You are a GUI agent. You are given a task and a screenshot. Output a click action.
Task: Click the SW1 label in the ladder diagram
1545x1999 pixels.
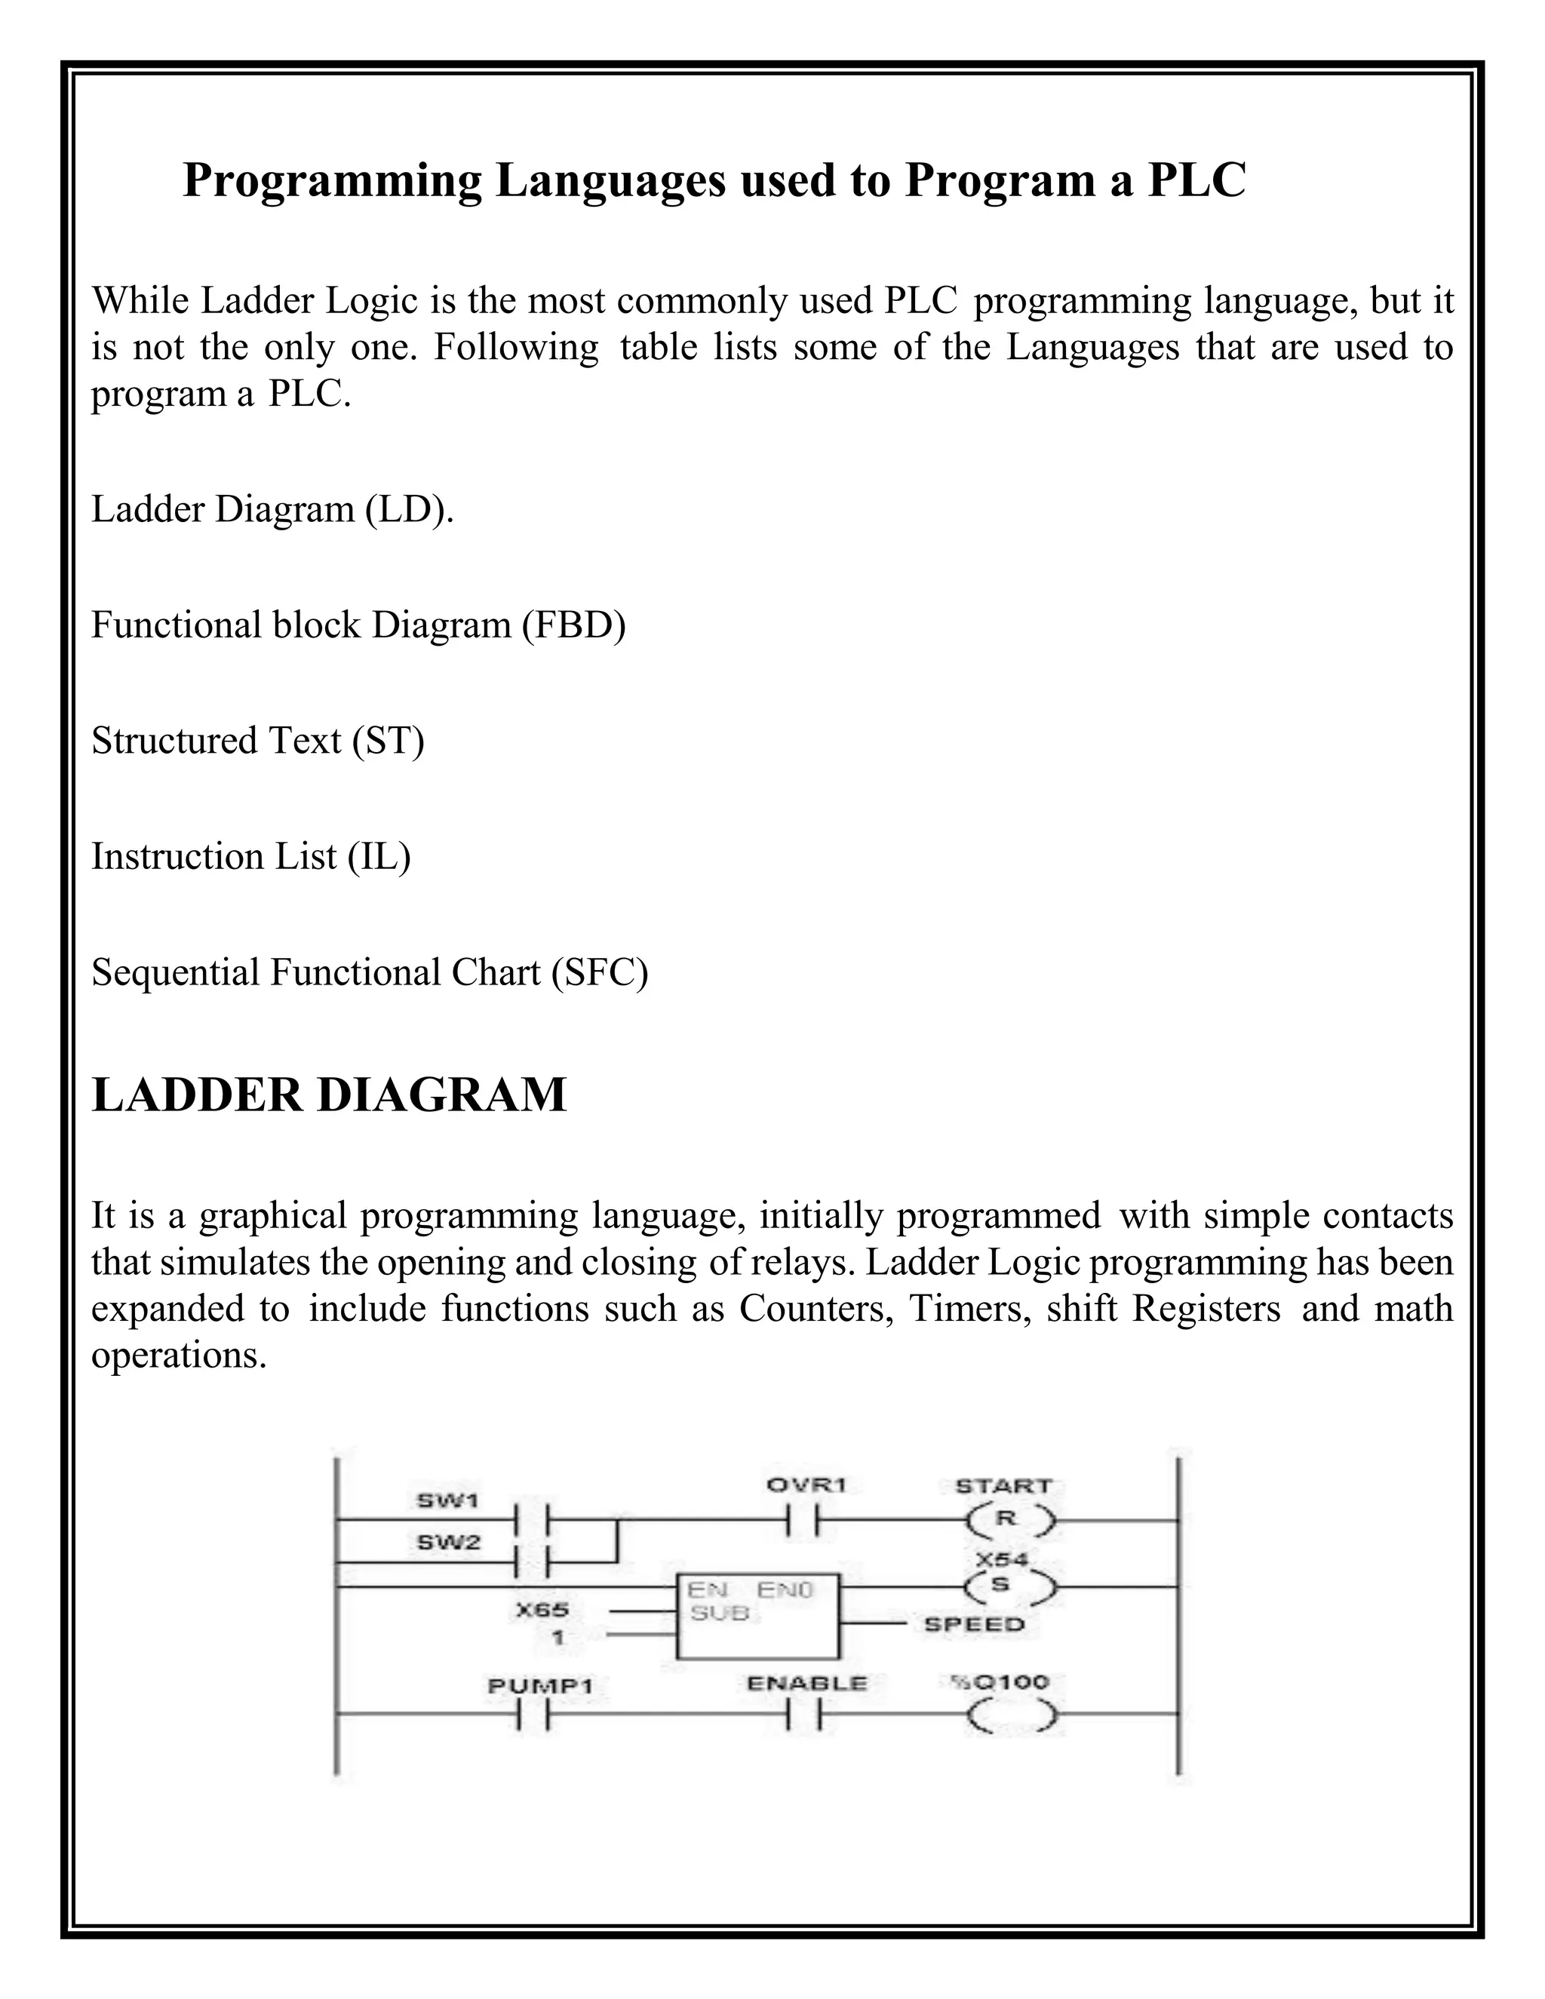pyautogui.click(x=447, y=1500)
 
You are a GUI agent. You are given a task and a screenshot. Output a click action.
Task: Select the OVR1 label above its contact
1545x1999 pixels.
pyautogui.click(x=806, y=1485)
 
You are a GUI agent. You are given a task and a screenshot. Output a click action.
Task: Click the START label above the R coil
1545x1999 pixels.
pyautogui.click(x=1004, y=1485)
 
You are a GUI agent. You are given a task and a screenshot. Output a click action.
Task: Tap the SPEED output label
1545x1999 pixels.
pyautogui.click(x=974, y=1625)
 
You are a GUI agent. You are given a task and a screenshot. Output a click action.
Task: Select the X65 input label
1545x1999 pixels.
pyautogui.click(x=542, y=1610)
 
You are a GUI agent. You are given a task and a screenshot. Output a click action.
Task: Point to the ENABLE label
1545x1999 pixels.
pyautogui.click(x=806, y=1683)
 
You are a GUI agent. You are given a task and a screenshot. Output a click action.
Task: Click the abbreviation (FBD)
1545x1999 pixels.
pyautogui.click(x=574, y=625)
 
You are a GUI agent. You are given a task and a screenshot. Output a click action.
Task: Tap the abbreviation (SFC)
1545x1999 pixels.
pyautogui.click(x=600, y=972)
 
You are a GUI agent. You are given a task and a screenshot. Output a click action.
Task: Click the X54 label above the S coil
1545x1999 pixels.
pyautogui.click(x=1003, y=1558)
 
